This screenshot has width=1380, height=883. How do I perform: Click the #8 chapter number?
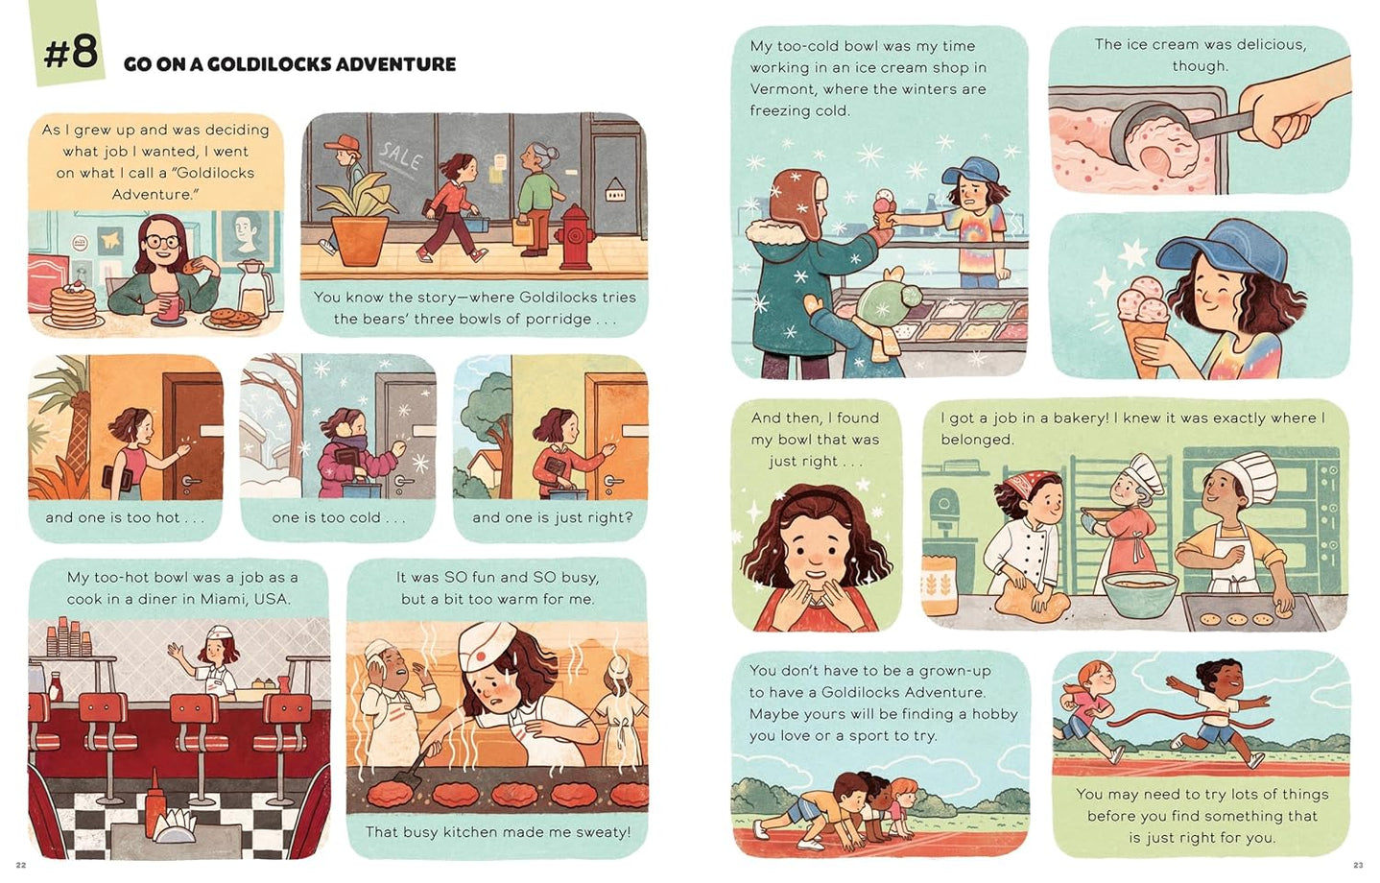click(70, 52)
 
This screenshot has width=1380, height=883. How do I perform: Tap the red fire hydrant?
click(576, 236)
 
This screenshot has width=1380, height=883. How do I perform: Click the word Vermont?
click(780, 89)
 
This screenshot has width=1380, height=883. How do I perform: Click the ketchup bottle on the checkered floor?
click(155, 812)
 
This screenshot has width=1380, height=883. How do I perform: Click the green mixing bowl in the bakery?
click(1139, 592)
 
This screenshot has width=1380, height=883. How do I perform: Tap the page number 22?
click(21, 865)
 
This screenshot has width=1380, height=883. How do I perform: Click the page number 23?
click(1357, 865)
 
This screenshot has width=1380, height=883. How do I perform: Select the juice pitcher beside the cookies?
click(253, 288)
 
